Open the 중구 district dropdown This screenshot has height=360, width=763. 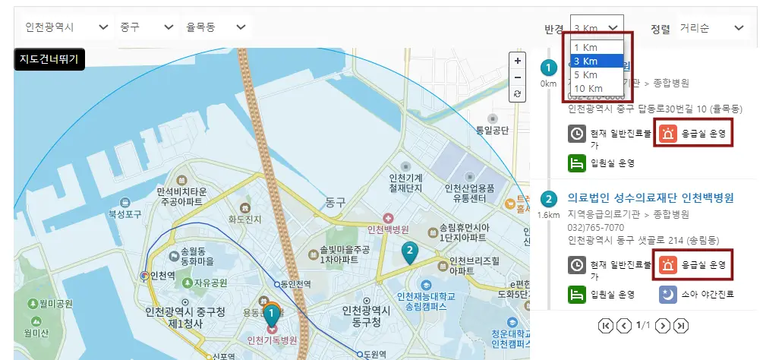coord(147,27)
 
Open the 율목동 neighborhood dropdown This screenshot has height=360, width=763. coord(216,27)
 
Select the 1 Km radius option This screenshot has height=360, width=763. coord(587,48)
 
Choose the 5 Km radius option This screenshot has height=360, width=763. coord(587,74)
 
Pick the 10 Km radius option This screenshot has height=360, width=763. coord(589,88)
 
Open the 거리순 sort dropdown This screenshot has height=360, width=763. coord(712,28)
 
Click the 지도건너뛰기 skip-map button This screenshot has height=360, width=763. coord(50,58)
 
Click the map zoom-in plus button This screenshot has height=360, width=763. coord(518,61)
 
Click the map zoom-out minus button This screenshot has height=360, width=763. coord(518,77)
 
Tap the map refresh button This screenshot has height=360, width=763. coord(518,93)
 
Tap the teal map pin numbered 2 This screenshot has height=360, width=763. coord(410,251)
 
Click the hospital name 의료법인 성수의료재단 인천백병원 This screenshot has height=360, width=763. coord(651,198)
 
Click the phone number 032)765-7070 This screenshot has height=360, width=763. coord(596,227)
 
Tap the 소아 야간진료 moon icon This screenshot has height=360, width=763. coord(668,293)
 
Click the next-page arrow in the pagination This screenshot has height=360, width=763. coord(662,325)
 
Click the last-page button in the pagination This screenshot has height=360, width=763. coord(681,325)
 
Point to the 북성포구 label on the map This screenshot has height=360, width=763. coord(125,215)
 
